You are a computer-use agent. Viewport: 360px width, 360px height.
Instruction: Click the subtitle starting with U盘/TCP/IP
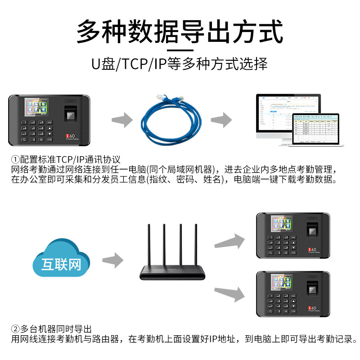(x=180, y=63)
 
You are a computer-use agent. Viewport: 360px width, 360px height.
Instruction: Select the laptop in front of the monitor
(x=317, y=130)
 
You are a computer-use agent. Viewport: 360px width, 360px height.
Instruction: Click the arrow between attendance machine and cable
(x=122, y=120)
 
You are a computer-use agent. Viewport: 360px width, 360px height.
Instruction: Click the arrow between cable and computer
(x=221, y=120)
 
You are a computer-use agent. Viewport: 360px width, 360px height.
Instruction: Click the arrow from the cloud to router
(x=112, y=261)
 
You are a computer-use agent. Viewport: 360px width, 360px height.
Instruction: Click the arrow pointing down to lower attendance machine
(x=229, y=293)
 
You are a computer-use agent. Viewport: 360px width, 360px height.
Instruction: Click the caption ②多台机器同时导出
(x=52, y=329)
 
